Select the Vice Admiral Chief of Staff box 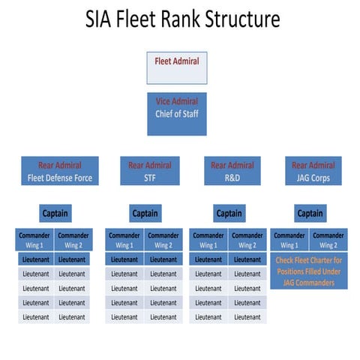click(176, 114)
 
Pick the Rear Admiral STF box click(149, 171)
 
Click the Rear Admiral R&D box click(232, 171)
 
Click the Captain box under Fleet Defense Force click(54, 213)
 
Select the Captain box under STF click(145, 213)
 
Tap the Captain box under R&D click(229, 213)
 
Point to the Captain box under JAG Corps click(310, 213)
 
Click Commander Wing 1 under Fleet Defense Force click(35, 239)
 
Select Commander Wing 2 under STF click(163, 239)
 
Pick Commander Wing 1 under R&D click(208, 239)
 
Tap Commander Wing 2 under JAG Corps click(328, 239)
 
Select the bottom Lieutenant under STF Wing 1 click(124, 316)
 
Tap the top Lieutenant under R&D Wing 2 click(247, 259)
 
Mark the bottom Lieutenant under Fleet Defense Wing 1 click(35, 316)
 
